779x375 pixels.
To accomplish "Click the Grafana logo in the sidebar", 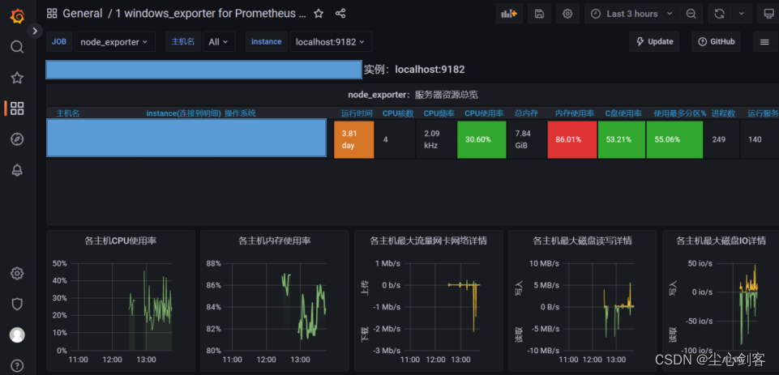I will tap(16, 15).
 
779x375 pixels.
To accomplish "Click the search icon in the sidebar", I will tap(16, 47).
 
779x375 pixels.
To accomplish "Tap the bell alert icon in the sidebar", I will tap(16, 170).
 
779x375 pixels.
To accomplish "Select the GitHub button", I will tap(716, 41).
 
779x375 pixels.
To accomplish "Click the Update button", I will tap(654, 41).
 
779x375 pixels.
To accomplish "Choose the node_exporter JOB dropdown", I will tap(114, 41).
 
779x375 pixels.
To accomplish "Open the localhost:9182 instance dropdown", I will tap(330, 41).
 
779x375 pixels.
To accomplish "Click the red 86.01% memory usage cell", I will tap(571, 139).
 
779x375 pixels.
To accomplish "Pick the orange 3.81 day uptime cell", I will tap(353, 139).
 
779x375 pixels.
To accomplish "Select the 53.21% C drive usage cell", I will tap(620, 139).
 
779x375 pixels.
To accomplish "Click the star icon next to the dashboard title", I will tap(319, 14).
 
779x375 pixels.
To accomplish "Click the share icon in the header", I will tap(340, 14).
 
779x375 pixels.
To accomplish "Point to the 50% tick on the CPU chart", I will tap(59, 263).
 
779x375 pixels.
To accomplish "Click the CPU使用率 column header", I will tap(484, 113).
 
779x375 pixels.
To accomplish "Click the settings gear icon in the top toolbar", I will tap(567, 14).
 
